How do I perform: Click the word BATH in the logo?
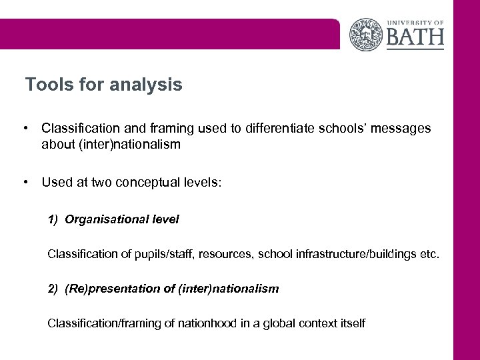pyautogui.click(x=415, y=35)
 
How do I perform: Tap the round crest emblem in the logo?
pyautogui.click(x=367, y=34)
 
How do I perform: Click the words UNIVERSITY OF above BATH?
pyautogui.click(x=415, y=21)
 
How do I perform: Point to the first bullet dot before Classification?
pyautogui.click(x=25, y=127)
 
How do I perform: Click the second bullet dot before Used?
pyautogui.click(x=25, y=180)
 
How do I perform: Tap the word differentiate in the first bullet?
pyautogui.click(x=278, y=127)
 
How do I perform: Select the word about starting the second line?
pyautogui.click(x=57, y=143)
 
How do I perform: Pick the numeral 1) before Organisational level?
pyautogui.click(x=53, y=219)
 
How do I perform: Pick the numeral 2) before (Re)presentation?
pyautogui.click(x=53, y=289)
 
